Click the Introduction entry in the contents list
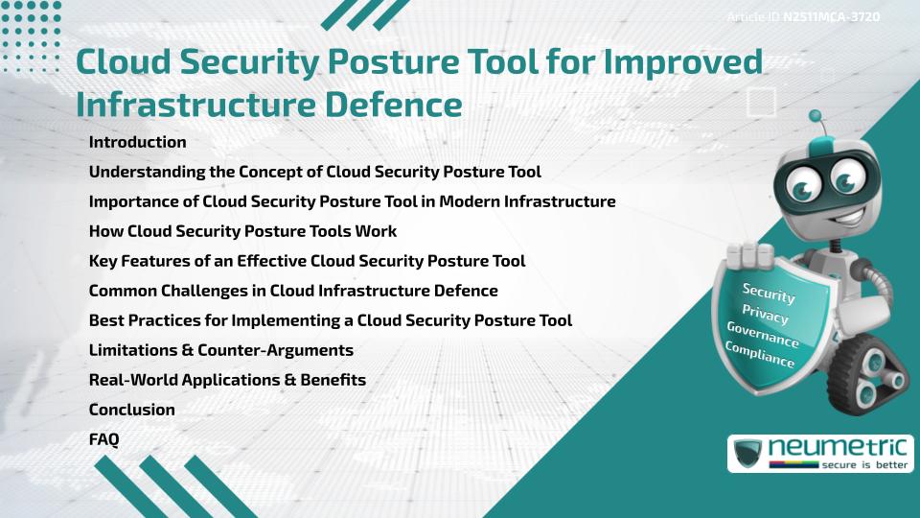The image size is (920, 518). (x=137, y=142)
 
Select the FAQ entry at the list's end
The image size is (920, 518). (x=103, y=439)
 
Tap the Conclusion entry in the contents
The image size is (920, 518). (x=131, y=410)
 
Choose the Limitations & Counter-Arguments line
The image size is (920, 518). (x=220, y=350)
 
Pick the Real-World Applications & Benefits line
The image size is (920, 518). (x=227, y=380)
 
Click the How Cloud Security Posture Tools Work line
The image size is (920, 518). (x=242, y=231)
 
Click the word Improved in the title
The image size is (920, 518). (x=676, y=60)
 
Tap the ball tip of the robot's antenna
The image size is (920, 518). (x=816, y=116)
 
